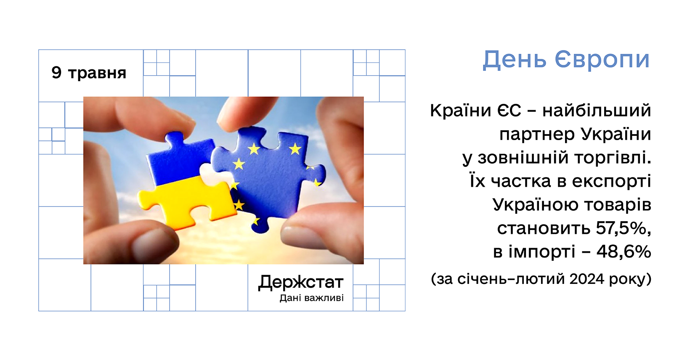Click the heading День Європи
click(566, 60)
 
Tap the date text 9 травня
click(89, 73)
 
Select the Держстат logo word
click(301, 282)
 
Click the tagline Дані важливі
click(312, 298)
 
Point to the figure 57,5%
click(624, 228)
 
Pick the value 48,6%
click(624, 252)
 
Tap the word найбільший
click(597, 110)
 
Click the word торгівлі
click(613, 158)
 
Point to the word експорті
click(611, 182)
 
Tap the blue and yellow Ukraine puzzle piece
click(185, 182)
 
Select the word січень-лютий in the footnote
click(512, 279)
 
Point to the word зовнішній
click(523, 158)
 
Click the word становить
click(544, 228)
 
